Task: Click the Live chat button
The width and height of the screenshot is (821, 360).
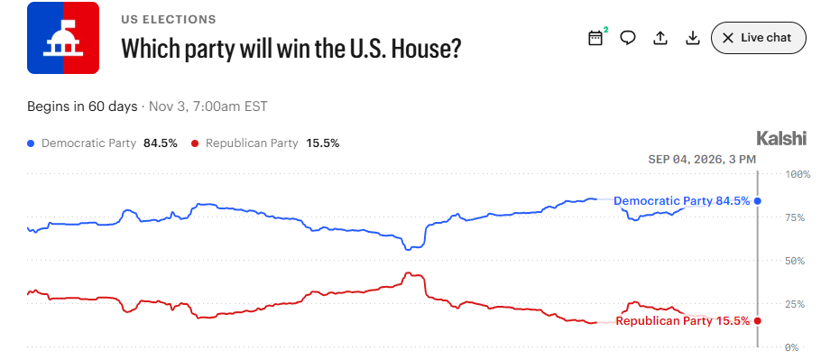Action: [x=758, y=38]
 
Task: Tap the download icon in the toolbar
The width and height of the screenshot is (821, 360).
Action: [x=693, y=38]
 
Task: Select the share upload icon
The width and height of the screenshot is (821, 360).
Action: [x=660, y=38]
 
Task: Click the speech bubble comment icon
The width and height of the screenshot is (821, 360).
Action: [x=628, y=38]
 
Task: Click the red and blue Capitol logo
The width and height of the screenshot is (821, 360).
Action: [x=63, y=38]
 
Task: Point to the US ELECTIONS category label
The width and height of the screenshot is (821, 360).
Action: [x=169, y=20]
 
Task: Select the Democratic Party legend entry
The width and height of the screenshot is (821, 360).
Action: [x=102, y=143]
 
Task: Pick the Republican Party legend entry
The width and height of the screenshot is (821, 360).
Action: [x=265, y=143]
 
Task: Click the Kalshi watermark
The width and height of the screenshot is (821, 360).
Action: [x=781, y=139]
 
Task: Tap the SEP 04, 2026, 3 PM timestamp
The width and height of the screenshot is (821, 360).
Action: [x=702, y=160]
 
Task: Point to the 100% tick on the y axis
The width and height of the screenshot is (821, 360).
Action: [x=798, y=174]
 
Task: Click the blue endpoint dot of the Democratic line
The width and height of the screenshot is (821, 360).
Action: [x=757, y=201]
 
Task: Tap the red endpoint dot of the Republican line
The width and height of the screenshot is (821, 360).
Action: [x=757, y=321]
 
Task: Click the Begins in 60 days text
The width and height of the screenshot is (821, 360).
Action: [x=82, y=106]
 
